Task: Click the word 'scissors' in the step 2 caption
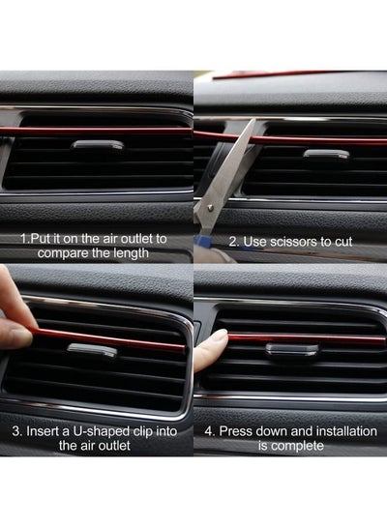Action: pyautogui.click(x=293, y=242)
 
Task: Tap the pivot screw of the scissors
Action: pyautogui.click(x=211, y=207)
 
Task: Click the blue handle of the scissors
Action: pyautogui.click(x=204, y=241)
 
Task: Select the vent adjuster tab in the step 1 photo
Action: pyautogui.click(x=98, y=145)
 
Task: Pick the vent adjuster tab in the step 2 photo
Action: pyautogui.click(x=326, y=154)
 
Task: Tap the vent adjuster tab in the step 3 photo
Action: pyautogui.click(x=92, y=350)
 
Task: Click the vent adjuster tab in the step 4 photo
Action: pyautogui.click(x=292, y=349)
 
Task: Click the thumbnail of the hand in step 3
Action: pyautogui.click(x=16, y=337)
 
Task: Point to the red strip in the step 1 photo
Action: pyautogui.click(x=96, y=131)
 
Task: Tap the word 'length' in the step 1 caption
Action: pyautogui.click(x=131, y=253)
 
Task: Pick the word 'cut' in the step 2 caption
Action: pyautogui.click(x=343, y=242)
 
